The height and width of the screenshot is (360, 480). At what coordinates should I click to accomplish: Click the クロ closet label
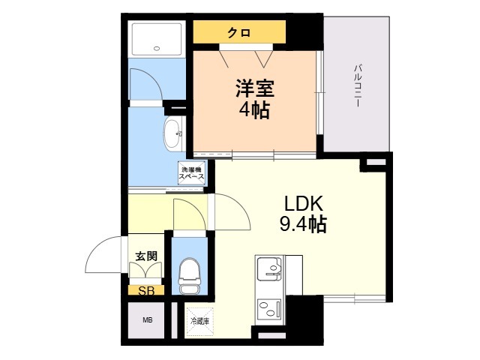[x=239, y=32]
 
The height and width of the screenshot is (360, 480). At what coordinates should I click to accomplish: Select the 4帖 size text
[x=255, y=112]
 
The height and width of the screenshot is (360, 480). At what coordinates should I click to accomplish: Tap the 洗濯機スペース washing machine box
[x=192, y=173]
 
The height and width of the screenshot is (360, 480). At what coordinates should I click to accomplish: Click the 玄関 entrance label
[x=145, y=256]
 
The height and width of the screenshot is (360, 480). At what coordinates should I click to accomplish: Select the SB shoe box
[x=145, y=290]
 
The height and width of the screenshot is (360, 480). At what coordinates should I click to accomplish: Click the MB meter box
[x=148, y=321]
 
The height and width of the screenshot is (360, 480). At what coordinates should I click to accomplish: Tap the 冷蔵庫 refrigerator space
[x=199, y=321]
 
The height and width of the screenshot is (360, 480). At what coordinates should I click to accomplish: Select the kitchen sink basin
[x=269, y=268]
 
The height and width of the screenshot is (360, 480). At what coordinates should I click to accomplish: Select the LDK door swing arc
[x=231, y=214]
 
